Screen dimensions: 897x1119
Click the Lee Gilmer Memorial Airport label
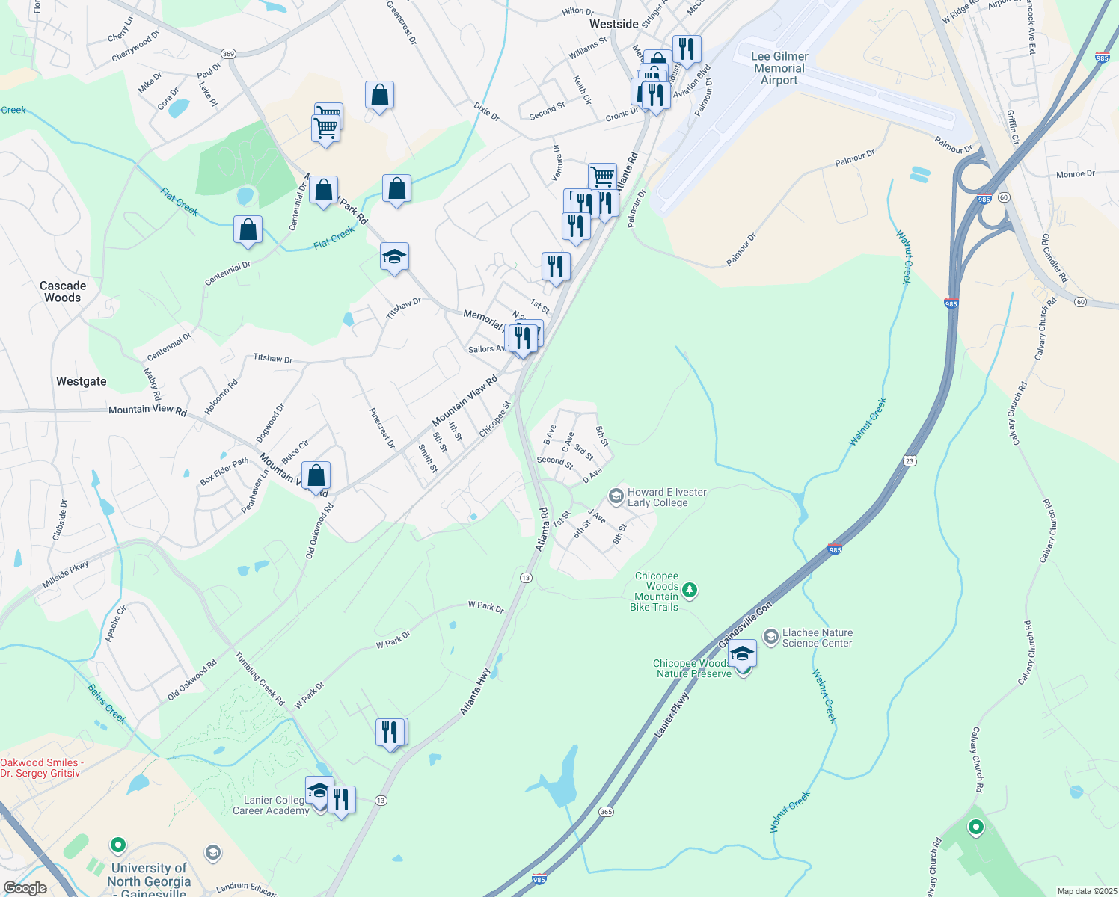(x=779, y=68)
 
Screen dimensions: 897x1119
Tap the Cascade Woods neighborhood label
(x=63, y=292)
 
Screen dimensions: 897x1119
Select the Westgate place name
(x=82, y=381)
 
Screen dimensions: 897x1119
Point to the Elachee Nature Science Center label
(x=817, y=638)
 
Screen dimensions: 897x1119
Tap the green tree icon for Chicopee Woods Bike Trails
(x=690, y=591)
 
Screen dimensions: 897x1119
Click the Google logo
(x=25, y=888)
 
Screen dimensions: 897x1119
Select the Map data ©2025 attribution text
(x=1086, y=891)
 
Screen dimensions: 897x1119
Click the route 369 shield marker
(x=228, y=54)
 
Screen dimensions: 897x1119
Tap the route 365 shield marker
(x=606, y=811)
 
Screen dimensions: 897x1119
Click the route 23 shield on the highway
(x=909, y=460)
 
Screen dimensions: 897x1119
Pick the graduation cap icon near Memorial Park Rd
(x=394, y=258)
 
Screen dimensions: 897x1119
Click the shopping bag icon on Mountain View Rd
(x=316, y=476)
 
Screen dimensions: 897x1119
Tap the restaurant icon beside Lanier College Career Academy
(x=341, y=800)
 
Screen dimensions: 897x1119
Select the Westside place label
(x=614, y=24)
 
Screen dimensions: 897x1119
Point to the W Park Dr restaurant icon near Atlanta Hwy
(x=390, y=733)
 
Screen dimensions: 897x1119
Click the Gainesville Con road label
(x=744, y=626)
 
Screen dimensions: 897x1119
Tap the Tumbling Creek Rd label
(x=260, y=679)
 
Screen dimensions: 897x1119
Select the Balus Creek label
(x=107, y=703)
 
